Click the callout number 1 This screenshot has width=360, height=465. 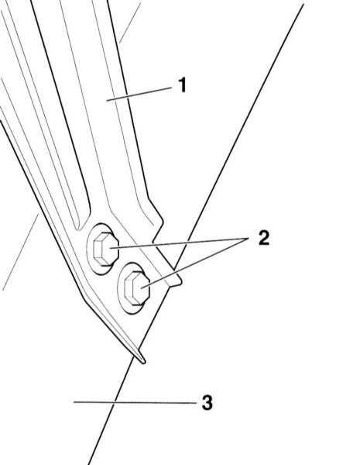click(x=183, y=85)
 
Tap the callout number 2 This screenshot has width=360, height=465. click(x=264, y=238)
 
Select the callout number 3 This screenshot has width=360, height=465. click(x=207, y=402)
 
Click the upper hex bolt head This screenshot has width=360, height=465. click(x=105, y=249)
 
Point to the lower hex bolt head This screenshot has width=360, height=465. click(x=136, y=288)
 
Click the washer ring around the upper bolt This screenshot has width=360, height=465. click(x=89, y=249)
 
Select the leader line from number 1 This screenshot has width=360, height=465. click(x=139, y=95)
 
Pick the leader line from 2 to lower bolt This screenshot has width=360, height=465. click(x=195, y=263)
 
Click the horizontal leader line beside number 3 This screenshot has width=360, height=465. click(x=135, y=402)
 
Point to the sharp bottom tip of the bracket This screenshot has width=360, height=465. click(x=144, y=363)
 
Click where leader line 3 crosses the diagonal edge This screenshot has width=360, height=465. click(x=115, y=402)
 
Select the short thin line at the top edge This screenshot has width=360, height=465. click(x=129, y=22)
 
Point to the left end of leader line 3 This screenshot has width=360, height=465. click(x=74, y=402)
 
